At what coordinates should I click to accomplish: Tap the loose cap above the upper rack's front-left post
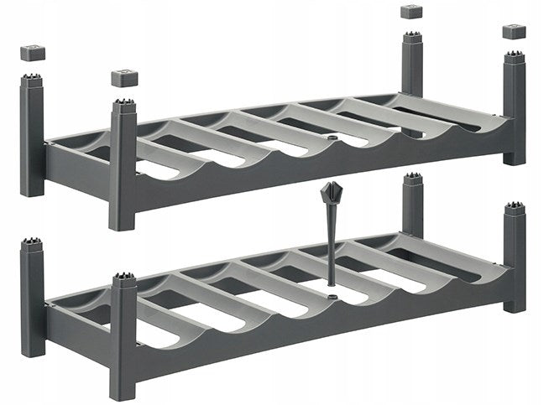point(124,79)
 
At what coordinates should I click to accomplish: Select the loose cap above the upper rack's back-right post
point(410,12)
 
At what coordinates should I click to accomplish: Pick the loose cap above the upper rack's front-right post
point(513,31)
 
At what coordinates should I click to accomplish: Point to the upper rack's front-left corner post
point(123,168)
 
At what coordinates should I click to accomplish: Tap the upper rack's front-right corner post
point(514,109)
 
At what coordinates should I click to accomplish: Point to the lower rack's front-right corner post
point(514,256)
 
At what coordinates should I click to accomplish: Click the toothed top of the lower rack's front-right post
point(514,208)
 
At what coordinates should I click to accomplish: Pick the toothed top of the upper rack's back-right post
point(411,39)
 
